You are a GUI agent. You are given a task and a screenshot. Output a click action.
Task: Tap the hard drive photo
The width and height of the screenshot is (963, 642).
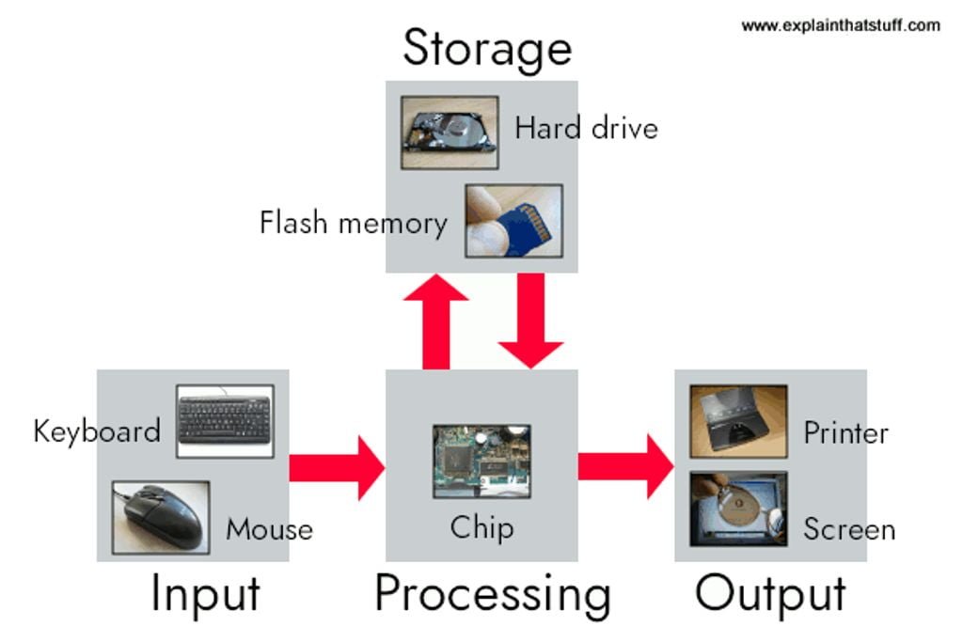click(435, 132)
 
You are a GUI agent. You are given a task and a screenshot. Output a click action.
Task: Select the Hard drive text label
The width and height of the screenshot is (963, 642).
click(586, 128)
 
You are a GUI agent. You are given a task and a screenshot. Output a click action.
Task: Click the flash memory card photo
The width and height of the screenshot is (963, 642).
click(513, 220)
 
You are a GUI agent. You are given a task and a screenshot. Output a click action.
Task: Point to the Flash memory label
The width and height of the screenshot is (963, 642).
click(353, 224)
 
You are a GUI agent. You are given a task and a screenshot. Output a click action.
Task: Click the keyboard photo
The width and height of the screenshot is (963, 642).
click(224, 420)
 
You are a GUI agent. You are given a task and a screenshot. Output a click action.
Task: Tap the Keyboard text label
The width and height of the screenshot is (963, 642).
click(97, 431)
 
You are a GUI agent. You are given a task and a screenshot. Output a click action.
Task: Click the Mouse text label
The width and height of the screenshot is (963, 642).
click(269, 529)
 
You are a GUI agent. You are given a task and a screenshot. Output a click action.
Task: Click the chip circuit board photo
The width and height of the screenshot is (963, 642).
click(481, 461)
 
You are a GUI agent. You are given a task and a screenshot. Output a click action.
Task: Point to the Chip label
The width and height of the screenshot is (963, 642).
click(481, 527)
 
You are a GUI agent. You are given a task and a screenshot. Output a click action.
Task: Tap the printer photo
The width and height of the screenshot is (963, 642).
click(738, 421)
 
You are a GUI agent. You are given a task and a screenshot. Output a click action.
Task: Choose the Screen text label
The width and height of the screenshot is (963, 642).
click(848, 529)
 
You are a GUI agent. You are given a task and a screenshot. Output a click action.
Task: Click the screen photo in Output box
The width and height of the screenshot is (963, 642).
click(738, 509)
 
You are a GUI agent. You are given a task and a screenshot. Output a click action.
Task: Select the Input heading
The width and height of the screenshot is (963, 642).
click(205, 595)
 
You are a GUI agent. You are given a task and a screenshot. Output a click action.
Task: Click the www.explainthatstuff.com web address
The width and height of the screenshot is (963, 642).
click(840, 25)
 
